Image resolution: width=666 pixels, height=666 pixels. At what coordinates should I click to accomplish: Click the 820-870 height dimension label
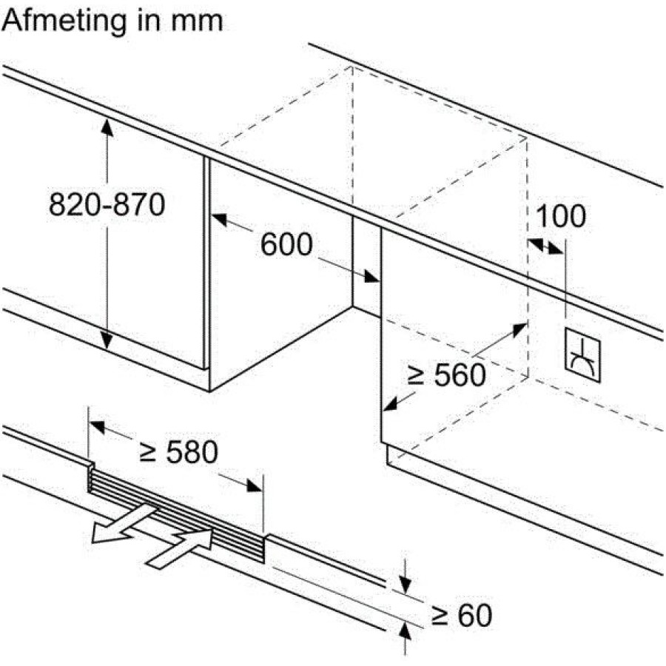point(107,205)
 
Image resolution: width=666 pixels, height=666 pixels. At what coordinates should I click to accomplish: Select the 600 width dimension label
point(286,244)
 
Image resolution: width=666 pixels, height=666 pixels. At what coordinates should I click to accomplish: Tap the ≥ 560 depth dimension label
point(446,375)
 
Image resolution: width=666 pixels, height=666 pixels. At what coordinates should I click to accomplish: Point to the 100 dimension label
point(561,216)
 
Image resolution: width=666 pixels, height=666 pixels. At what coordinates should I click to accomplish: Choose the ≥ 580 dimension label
point(179,451)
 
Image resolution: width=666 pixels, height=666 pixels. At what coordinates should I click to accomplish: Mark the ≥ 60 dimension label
point(462,616)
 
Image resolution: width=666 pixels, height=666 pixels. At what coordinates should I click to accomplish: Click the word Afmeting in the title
point(64,21)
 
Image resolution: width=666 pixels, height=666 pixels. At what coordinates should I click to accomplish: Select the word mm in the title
point(197,22)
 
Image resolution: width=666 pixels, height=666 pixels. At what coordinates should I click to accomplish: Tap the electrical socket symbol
point(582,355)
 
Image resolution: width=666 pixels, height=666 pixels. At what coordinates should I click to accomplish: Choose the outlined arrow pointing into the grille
point(180,547)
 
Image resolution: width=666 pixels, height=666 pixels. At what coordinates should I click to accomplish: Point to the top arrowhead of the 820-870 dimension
point(107,127)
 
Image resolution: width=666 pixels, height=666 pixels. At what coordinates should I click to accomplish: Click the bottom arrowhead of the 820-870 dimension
point(107,340)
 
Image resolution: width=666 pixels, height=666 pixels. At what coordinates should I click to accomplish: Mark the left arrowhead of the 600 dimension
point(219,220)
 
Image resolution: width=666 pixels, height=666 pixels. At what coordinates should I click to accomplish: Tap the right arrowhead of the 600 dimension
point(371,276)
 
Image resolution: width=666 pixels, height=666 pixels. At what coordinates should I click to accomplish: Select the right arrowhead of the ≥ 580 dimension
point(254,486)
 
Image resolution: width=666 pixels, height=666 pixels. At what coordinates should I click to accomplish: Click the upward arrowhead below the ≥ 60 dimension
point(406,631)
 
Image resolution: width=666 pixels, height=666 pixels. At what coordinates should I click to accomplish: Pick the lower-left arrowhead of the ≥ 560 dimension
point(391,404)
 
